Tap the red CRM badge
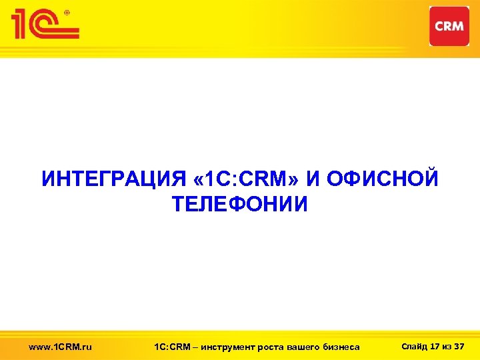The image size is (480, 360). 449,26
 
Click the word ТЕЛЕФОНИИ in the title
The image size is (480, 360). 240,204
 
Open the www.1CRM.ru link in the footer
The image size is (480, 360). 61,346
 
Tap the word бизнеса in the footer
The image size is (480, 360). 341,346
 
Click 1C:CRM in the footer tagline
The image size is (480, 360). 171,346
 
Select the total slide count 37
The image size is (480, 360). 459,345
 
